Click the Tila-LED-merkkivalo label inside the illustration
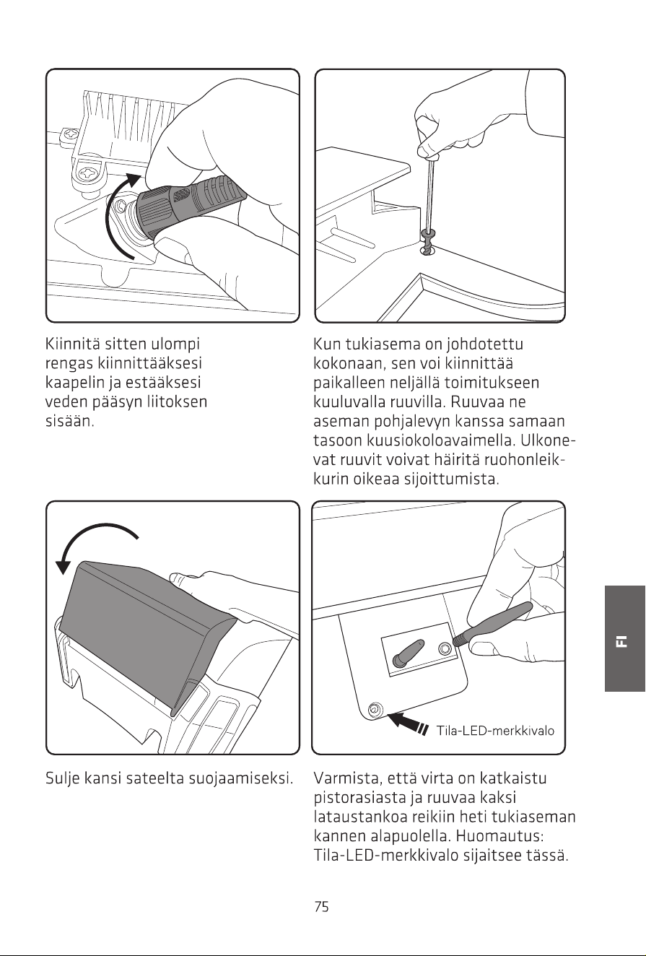pos(495,731)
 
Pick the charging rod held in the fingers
pos(493,624)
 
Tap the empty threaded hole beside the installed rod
pos(444,648)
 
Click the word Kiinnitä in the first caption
pos(72,344)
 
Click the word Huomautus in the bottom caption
pos(499,836)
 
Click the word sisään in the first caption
pos(69,421)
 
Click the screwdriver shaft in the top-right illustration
pos(430,194)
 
